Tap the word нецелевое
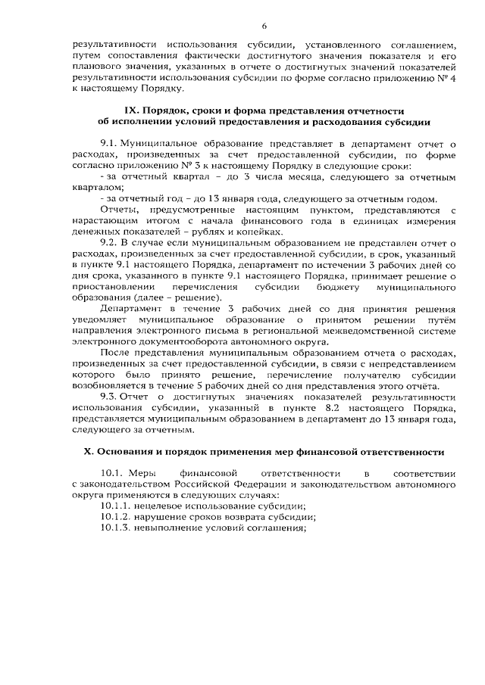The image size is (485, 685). coord(162,505)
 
